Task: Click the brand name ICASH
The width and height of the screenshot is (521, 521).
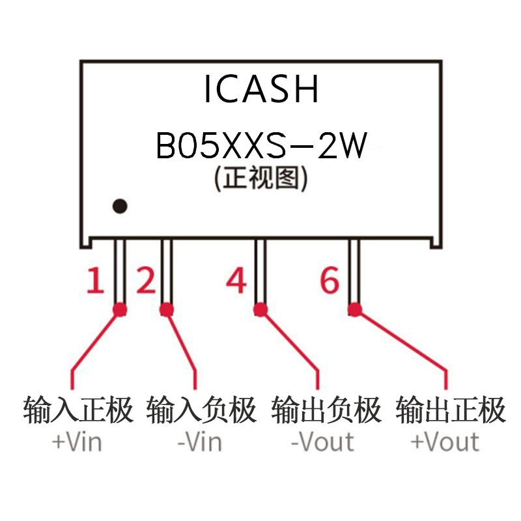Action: point(262,89)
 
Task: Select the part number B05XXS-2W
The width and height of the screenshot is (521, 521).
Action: point(262,145)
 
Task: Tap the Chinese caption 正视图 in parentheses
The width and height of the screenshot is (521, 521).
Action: point(261,178)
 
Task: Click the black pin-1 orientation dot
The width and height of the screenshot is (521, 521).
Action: point(120,206)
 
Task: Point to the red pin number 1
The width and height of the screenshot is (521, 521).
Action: point(95,281)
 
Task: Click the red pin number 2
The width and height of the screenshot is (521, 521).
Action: point(146,281)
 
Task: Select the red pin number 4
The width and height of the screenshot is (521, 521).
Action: point(236,281)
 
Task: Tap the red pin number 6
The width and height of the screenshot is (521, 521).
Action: point(330,281)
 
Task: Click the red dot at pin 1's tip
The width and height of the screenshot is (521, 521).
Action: point(120,310)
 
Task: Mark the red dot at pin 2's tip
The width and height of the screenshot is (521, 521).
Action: point(167,310)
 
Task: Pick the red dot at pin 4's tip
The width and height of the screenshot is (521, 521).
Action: point(260,310)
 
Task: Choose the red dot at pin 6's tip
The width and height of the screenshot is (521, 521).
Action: point(355,310)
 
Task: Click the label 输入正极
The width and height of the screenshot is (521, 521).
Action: point(78,410)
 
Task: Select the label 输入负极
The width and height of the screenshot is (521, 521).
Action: point(201,410)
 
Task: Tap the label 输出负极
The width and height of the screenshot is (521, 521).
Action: point(326,410)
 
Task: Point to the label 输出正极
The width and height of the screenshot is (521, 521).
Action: point(451,410)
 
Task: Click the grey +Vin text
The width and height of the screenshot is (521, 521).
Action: point(77,442)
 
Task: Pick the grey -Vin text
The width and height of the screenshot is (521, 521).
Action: point(200,442)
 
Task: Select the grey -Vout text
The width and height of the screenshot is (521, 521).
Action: point(322,442)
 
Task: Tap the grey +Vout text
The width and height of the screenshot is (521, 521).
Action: point(445,442)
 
